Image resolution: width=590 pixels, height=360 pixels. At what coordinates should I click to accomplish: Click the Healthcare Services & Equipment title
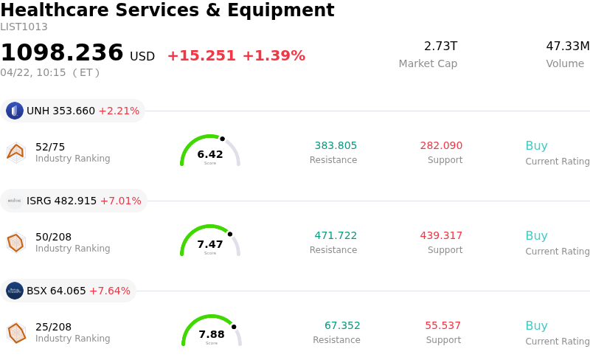point(167,10)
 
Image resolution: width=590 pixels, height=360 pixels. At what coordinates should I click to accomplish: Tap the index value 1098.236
point(62,53)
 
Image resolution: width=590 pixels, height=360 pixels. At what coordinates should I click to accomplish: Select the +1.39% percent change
point(274,56)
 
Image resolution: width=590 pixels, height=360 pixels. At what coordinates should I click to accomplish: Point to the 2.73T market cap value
point(440,46)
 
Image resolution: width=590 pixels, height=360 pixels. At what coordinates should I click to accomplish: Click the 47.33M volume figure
point(567,46)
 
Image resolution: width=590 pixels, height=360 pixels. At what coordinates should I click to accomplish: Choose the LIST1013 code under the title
point(24,27)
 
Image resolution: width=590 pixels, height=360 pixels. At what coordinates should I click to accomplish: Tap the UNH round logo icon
point(15,111)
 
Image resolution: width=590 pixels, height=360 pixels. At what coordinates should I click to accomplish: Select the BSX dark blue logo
point(15,291)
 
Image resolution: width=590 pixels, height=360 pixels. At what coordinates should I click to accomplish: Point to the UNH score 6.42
point(210,154)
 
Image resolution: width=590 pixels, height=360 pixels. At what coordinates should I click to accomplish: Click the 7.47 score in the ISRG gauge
point(210,244)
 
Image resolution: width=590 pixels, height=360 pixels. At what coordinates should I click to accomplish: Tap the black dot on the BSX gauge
point(234,326)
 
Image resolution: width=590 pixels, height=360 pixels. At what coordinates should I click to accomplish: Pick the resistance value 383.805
point(336,145)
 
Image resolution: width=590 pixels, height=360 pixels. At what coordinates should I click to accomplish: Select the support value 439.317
point(441,235)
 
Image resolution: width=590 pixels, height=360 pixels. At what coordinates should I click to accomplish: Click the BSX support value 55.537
point(442,325)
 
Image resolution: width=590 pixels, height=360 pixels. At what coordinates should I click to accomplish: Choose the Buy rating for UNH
point(536,145)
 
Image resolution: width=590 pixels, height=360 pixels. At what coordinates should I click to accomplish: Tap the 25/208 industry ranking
point(54,327)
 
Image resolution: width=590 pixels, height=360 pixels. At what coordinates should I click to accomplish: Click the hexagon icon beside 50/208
point(15,243)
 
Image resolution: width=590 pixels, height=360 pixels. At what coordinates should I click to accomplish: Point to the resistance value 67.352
point(342,325)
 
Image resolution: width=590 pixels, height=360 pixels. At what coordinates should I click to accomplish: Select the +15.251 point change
point(201,56)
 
